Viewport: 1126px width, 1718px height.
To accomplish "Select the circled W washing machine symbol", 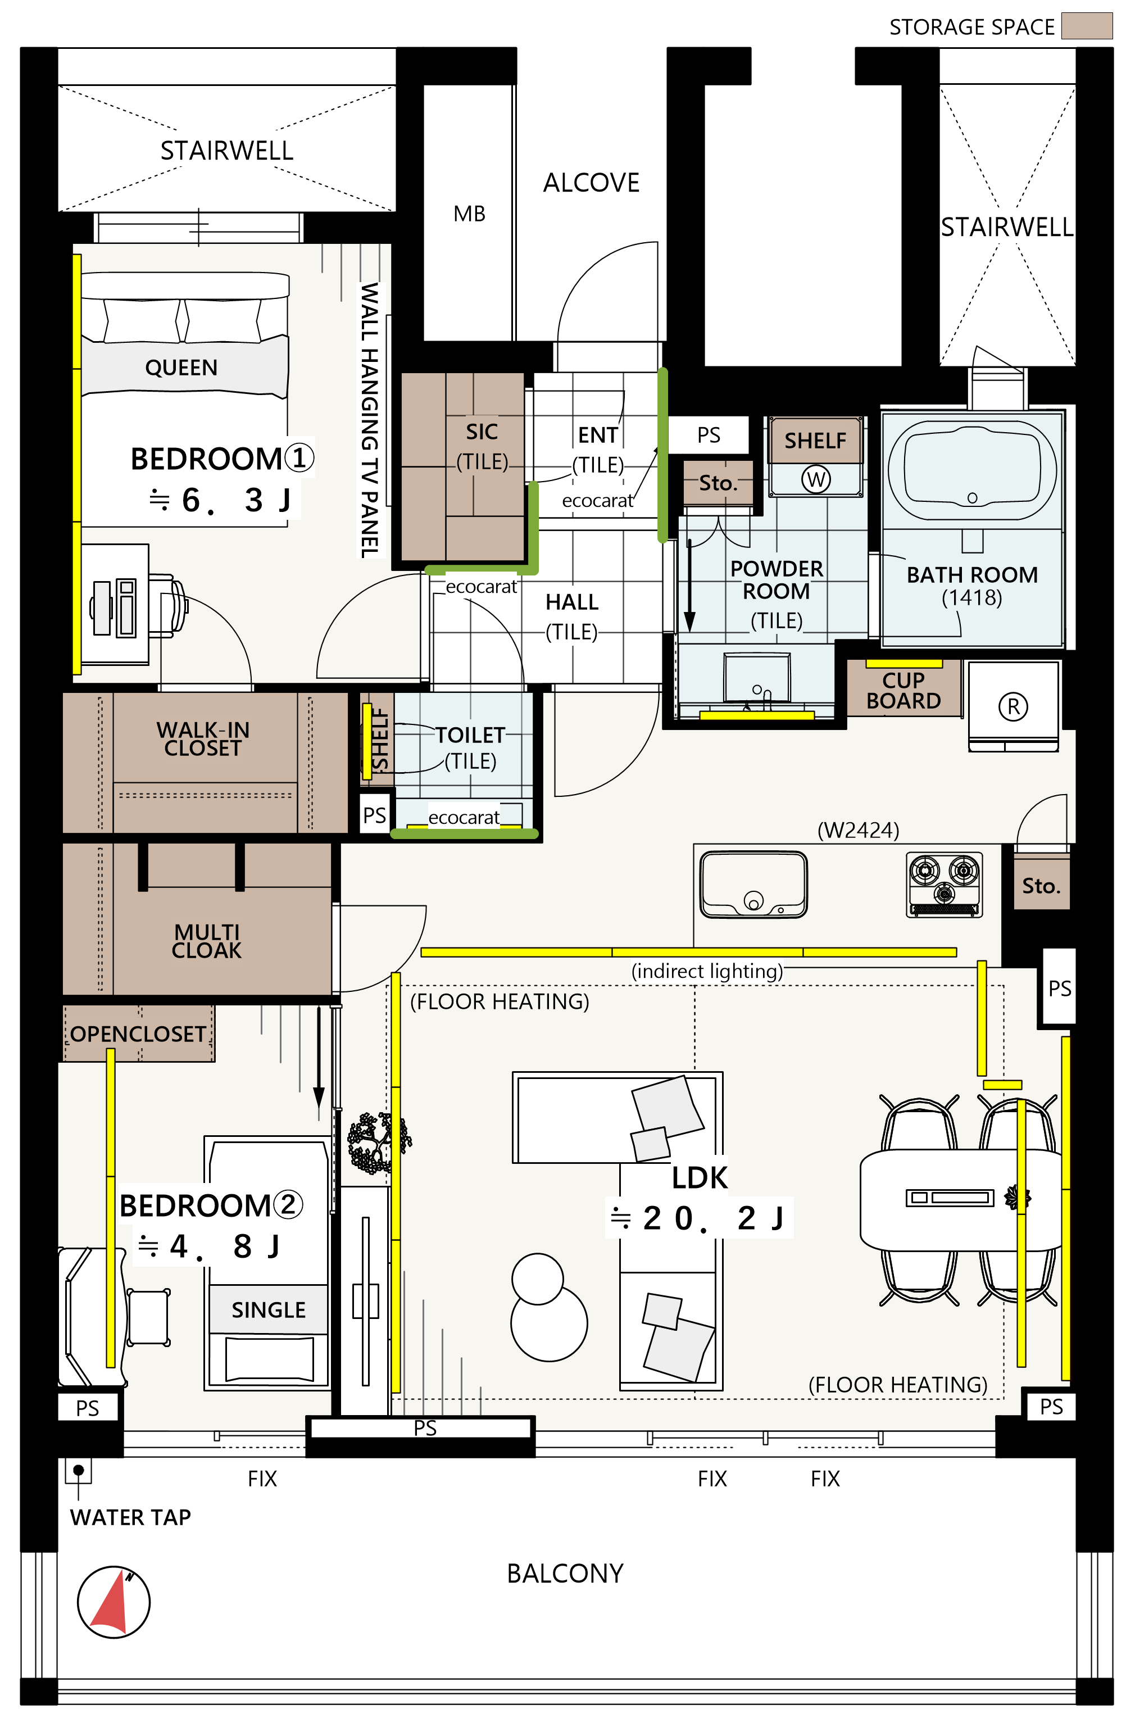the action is [816, 479].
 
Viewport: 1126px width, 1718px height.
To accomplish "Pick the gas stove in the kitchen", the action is [943, 885].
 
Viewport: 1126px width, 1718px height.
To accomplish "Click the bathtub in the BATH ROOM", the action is [971, 470].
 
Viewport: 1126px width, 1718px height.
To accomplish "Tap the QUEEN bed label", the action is [181, 368].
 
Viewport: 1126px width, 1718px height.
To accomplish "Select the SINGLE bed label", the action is [269, 1310].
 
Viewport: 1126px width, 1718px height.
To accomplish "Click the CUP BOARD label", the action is [903, 691].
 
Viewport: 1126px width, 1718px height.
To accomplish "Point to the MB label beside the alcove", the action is [469, 214].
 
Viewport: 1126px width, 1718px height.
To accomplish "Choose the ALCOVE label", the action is [591, 183].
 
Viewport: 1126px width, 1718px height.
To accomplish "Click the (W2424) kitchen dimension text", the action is [857, 831].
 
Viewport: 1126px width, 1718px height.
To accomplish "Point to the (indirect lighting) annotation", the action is [707, 972].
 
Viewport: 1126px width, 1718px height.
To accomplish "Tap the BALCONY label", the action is [565, 1573].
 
